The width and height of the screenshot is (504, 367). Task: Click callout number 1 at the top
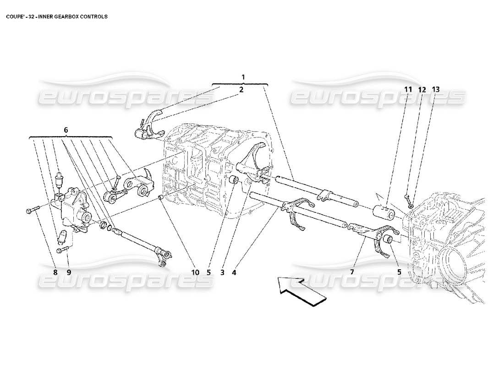[243, 77]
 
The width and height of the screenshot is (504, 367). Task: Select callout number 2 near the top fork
[241, 90]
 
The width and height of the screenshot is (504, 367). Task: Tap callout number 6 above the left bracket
[66, 130]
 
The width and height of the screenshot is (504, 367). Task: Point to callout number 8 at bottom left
[55, 272]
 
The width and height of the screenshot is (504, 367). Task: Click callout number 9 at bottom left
[69, 272]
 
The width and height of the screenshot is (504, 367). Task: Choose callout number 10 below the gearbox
[195, 272]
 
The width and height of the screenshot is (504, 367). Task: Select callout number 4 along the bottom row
[234, 272]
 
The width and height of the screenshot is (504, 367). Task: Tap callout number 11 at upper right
[408, 89]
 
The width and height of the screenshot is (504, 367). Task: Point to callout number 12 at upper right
[422, 89]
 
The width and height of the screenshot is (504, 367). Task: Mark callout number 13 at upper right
[435, 89]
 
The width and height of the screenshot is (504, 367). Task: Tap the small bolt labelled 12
[407, 198]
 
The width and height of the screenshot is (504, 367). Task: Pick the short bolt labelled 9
[62, 250]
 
